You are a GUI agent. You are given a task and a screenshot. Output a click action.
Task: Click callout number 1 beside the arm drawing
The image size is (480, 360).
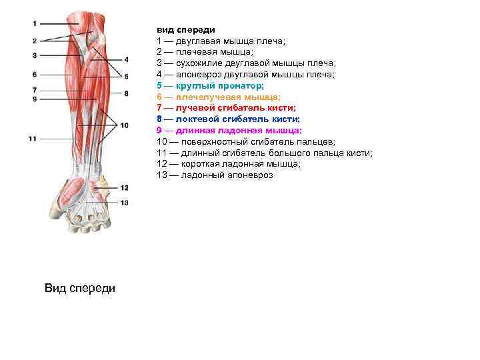(33, 24)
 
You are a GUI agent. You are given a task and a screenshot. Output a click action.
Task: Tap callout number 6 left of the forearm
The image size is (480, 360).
(33, 74)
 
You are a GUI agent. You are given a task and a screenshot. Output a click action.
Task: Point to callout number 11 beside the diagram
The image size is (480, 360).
(32, 139)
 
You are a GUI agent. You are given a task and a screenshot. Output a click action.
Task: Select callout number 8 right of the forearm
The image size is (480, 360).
(126, 93)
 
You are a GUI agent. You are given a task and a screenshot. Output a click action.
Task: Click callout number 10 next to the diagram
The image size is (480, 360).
(125, 125)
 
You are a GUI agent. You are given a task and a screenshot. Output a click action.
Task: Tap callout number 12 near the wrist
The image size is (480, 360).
(125, 188)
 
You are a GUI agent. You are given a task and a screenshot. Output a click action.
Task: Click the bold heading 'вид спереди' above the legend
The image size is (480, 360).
(181, 29)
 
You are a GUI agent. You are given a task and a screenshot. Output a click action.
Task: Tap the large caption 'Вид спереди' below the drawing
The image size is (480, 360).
(79, 288)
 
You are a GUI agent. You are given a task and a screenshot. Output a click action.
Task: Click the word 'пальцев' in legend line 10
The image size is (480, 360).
(317, 142)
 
